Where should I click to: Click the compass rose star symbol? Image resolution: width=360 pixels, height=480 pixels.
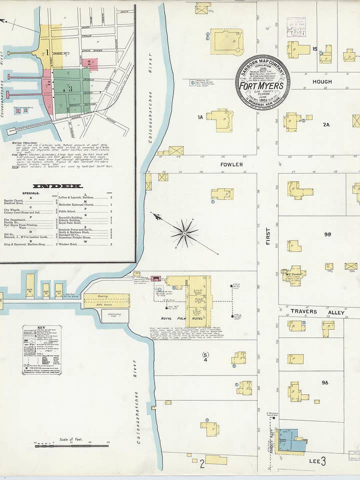(184, 233)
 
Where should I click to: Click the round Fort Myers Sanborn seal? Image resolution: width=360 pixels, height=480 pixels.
(262, 82)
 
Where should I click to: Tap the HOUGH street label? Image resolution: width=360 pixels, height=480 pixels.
(322, 81)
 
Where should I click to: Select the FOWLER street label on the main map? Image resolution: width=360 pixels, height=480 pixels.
(231, 164)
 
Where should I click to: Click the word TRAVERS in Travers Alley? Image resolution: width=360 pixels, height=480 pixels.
(304, 311)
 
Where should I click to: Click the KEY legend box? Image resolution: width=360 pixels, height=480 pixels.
(42, 349)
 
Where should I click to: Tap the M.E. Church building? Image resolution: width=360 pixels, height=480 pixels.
(293, 275)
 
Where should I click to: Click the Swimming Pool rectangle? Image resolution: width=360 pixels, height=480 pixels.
(115, 315)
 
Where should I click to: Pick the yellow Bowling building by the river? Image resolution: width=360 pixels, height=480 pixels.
(106, 300)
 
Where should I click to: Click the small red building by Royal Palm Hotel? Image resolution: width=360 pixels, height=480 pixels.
(156, 278)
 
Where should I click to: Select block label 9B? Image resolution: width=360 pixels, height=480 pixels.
(327, 234)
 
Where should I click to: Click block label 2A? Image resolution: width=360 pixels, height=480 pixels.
(326, 124)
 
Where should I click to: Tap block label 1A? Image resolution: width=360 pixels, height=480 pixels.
(200, 117)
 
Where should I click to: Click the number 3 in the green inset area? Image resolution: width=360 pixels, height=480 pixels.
(71, 88)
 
